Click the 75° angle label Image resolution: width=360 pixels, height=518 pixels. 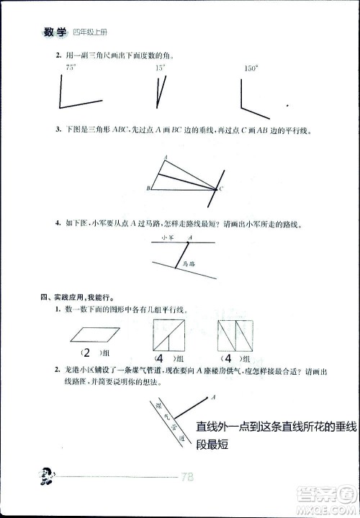[x=71, y=67]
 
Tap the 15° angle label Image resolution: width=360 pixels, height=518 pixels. [x=160, y=68]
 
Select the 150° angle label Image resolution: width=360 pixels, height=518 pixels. [x=251, y=68]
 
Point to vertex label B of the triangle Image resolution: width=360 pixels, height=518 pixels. [x=148, y=188]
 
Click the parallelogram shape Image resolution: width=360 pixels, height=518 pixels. [x=94, y=333]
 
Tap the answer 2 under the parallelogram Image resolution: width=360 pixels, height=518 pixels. [x=86, y=354]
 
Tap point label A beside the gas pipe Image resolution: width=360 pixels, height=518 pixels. [x=214, y=394]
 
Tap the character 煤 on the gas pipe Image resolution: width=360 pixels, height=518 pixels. [x=158, y=407]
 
